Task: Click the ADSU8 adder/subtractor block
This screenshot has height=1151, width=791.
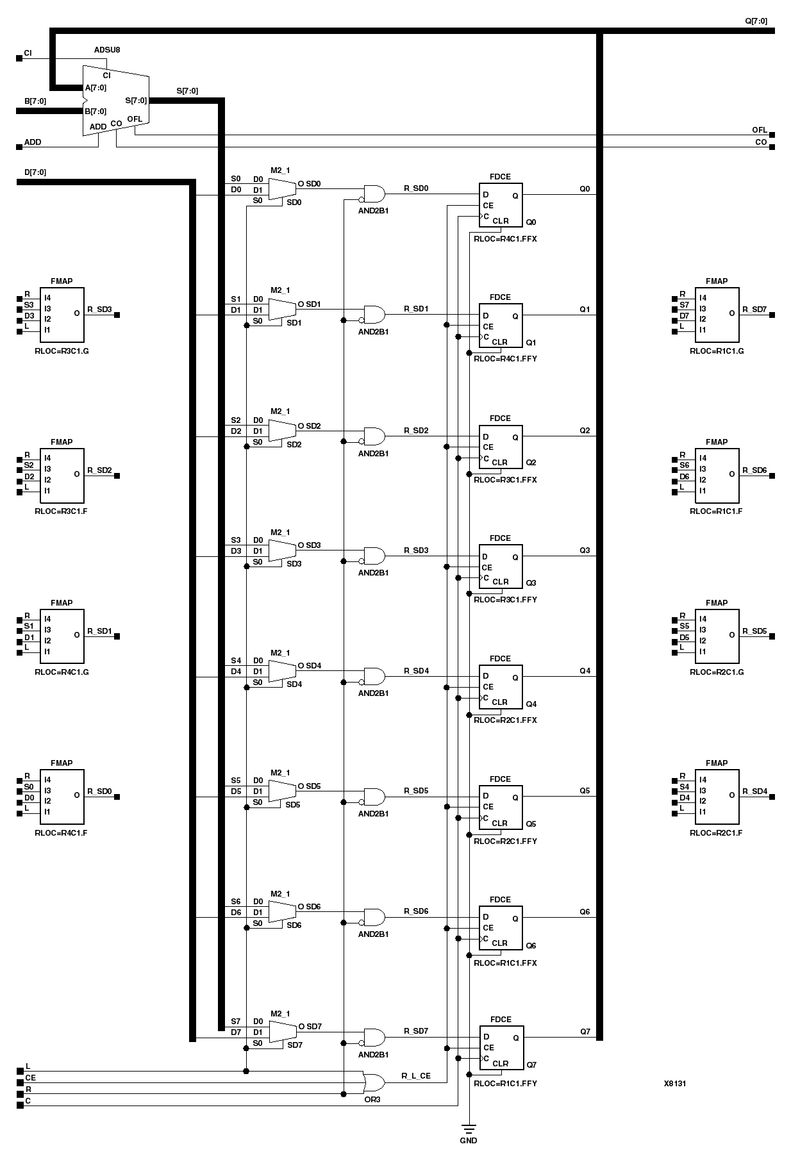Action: (x=115, y=100)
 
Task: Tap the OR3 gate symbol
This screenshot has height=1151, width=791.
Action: (x=374, y=1082)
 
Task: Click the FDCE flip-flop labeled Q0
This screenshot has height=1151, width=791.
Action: (x=501, y=205)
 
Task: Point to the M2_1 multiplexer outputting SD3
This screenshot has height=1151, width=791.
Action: (x=281, y=551)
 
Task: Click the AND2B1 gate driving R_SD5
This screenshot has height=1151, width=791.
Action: (x=374, y=797)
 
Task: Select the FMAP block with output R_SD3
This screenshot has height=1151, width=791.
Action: (x=62, y=315)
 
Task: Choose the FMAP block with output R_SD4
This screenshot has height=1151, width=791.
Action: (x=717, y=796)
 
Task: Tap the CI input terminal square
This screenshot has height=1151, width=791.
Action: (x=19, y=58)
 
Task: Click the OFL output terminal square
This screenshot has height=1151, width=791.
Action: (x=772, y=135)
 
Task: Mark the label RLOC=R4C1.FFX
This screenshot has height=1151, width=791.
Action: (x=505, y=239)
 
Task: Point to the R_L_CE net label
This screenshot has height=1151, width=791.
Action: (x=416, y=1075)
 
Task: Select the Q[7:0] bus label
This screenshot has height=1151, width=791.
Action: (x=755, y=21)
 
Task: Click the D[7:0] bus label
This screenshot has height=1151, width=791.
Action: (x=35, y=172)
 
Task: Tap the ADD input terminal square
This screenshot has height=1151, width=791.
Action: (x=19, y=147)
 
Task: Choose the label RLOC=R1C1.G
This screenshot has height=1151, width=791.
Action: (x=717, y=351)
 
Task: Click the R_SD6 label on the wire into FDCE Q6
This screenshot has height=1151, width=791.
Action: (x=416, y=911)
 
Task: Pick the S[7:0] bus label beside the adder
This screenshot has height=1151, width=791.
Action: (x=187, y=91)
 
